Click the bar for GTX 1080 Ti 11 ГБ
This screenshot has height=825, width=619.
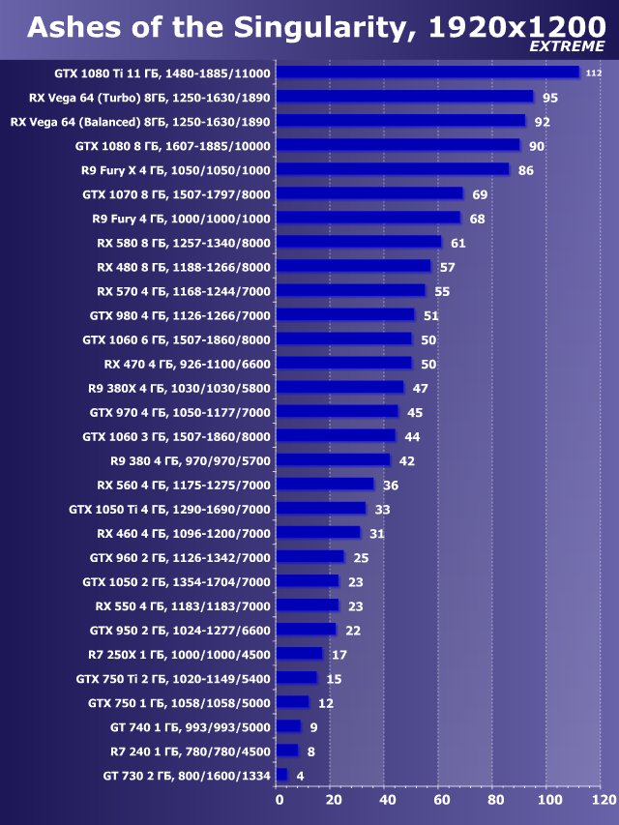427,73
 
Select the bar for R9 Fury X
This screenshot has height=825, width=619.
392,169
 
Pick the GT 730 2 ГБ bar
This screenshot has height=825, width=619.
281,775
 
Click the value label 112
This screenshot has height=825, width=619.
594,74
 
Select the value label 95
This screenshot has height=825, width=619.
550,98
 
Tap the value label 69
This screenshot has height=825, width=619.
480,194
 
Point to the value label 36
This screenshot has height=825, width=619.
391,485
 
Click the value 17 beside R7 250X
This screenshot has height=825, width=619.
339,655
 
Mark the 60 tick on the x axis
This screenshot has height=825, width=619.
441,800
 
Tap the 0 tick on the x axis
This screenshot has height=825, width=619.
280,800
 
